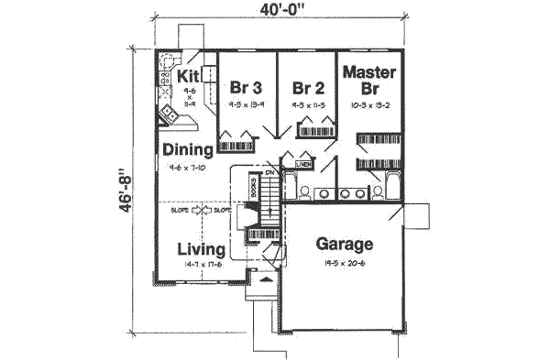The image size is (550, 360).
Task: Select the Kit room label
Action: pos(190,75)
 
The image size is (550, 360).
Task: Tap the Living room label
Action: pos(202,248)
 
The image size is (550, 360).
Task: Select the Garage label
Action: pos(345,244)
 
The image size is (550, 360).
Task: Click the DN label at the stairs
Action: pos(270,173)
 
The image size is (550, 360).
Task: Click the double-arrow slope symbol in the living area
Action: pos(202,211)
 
